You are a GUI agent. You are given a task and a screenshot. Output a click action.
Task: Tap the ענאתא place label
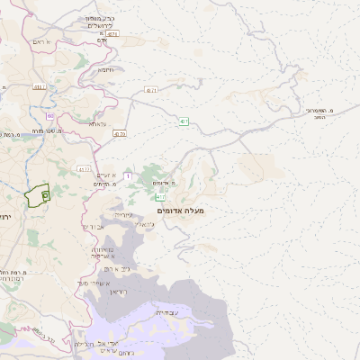pyautogui.click(x=97, y=124)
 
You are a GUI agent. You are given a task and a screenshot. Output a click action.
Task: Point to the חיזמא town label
pyautogui.click(x=105, y=69)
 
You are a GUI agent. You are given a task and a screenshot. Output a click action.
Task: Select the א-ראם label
pyautogui.click(x=40, y=41)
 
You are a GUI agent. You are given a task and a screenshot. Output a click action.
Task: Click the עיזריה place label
pyautogui.click(x=124, y=214)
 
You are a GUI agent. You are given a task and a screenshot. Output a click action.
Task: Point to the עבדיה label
pyautogui.click(x=166, y=312)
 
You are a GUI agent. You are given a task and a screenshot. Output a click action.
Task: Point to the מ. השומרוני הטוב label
pyautogui.click(x=319, y=112)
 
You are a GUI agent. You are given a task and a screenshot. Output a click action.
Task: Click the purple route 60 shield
pyautogui.click(x=50, y=116)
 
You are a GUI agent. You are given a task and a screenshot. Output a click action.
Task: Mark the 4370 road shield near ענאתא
pyautogui.click(x=120, y=134)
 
